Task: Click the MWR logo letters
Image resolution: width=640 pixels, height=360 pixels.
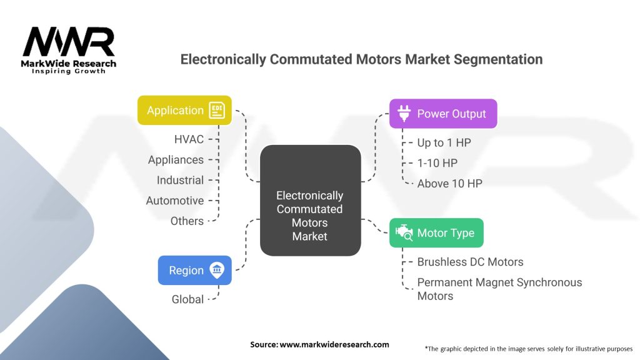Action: click(69, 42)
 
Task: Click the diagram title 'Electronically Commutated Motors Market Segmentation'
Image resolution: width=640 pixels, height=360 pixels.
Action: click(361, 59)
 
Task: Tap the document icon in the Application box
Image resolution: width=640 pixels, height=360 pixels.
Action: click(217, 110)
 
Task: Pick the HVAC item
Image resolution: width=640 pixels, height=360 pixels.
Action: click(189, 139)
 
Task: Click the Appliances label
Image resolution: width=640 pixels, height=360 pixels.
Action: click(176, 160)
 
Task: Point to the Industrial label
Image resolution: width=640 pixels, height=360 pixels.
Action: click(180, 180)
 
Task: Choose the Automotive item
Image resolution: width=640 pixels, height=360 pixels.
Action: click(175, 201)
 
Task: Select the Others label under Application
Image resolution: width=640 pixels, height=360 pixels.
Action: click(187, 221)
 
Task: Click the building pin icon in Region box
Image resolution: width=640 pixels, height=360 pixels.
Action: click(217, 271)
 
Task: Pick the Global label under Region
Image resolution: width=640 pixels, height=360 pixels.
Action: click(187, 299)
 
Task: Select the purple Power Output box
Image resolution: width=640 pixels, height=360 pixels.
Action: click(442, 114)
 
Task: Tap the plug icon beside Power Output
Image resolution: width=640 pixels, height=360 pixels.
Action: click(403, 114)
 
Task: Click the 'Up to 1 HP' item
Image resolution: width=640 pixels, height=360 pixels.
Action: click(444, 142)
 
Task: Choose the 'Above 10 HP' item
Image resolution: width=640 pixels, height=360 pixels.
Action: click(449, 183)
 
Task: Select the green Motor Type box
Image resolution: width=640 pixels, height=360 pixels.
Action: click(436, 233)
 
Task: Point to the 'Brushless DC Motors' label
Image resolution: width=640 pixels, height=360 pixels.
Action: click(470, 262)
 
